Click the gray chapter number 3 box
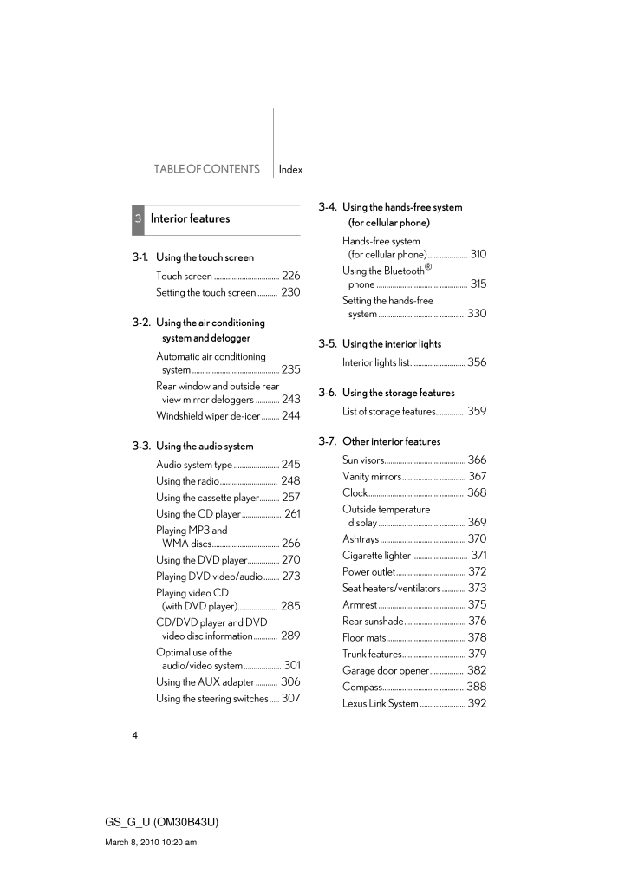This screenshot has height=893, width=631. point(138,219)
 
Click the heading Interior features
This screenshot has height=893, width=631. point(190,219)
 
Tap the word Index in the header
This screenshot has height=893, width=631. point(290,170)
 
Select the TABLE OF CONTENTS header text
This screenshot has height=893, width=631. point(207,170)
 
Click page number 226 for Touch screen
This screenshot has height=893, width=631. point(290,277)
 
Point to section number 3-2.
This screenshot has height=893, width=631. point(141,323)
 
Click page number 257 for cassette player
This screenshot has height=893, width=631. point(290,498)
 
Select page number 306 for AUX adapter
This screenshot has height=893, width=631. point(290,682)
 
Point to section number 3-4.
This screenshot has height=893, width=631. point(328,207)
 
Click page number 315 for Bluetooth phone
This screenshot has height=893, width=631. point(478,284)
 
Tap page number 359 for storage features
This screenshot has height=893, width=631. point(477,412)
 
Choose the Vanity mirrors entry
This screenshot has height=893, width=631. point(372,477)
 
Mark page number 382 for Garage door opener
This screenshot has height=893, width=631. point(477,671)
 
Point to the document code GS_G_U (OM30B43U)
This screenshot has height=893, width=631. point(161,822)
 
